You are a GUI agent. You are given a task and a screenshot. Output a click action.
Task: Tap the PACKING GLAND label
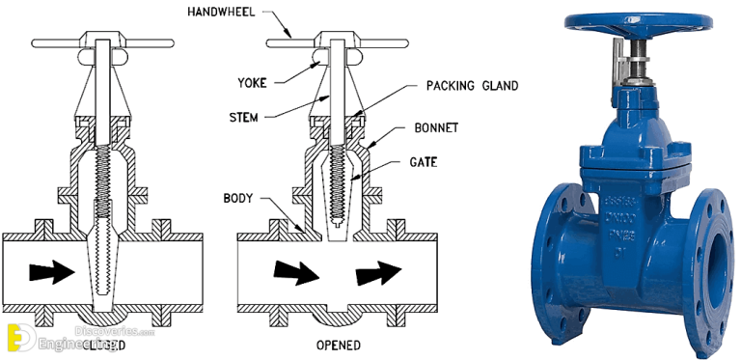pos(472,86)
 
